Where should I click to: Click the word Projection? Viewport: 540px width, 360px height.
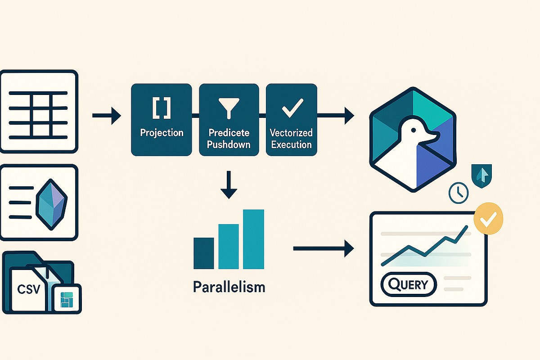click(x=162, y=133)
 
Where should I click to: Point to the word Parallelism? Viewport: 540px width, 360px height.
click(x=229, y=287)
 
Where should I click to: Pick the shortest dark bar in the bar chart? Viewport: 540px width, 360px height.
click(x=203, y=253)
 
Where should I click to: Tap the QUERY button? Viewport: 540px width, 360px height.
click(x=409, y=284)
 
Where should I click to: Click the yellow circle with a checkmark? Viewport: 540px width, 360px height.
click(x=488, y=218)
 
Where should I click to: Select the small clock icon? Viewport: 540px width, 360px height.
click(x=459, y=193)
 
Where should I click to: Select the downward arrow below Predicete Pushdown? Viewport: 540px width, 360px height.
click(x=229, y=184)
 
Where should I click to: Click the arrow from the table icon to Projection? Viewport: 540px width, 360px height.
click(x=106, y=117)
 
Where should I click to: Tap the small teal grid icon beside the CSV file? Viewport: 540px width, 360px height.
click(x=67, y=298)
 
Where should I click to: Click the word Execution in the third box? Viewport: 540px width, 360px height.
click(x=291, y=144)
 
